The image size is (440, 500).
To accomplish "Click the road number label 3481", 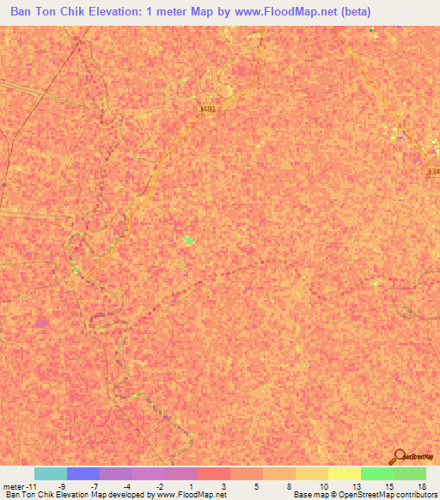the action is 207,109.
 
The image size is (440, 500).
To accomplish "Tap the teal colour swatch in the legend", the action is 51,473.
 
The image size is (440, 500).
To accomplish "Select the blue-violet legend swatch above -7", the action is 83,473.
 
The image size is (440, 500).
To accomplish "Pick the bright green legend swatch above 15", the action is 377,473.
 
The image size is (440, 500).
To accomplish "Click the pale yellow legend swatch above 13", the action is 345,473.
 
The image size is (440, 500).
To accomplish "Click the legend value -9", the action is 61,485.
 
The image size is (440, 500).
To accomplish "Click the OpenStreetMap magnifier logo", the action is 400,457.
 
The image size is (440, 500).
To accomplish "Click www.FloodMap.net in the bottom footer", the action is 192,495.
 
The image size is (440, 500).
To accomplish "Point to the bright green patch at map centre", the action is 188,241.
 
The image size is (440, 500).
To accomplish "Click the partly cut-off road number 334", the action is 433,171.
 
